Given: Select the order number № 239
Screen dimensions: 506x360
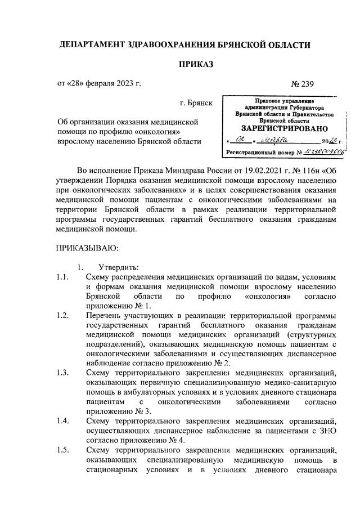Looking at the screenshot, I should [302, 84].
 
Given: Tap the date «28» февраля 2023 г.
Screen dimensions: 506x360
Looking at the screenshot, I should [99, 84].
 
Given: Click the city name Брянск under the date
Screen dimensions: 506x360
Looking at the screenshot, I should [196, 104].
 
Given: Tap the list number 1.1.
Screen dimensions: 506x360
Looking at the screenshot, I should [63, 276].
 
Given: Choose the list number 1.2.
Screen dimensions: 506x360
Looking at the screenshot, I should [63, 316].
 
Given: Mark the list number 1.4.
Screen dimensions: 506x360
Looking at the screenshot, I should [63, 420].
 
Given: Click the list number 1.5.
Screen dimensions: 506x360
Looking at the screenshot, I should [63, 450].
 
